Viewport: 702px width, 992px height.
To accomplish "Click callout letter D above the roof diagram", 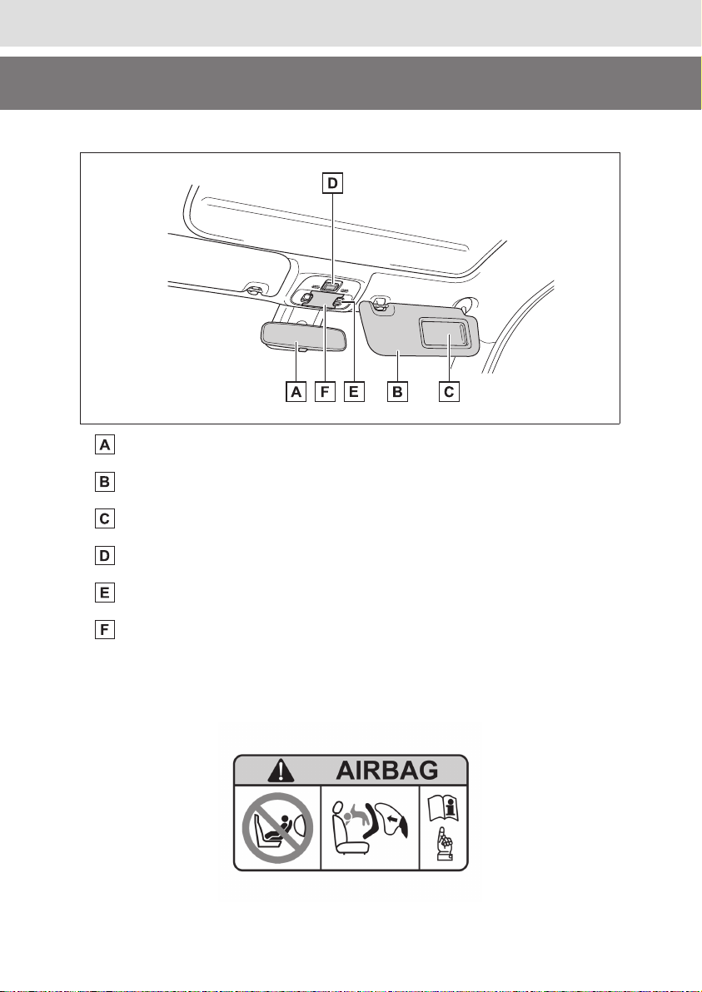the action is coord(331,183).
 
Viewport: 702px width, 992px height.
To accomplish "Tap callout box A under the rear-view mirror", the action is coord(296,392).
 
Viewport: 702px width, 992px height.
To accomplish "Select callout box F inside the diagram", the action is coord(325,392).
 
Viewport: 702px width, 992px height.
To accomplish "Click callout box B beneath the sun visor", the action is coord(397,392).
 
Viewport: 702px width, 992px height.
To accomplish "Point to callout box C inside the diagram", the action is coord(449,392).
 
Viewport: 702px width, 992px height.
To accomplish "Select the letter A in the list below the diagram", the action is coord(105,445).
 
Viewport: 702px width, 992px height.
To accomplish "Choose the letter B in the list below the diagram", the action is coord(105,482).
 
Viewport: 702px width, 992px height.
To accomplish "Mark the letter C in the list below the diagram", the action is coord(105,519).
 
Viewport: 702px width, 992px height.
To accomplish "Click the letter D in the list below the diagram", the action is coord(105,556).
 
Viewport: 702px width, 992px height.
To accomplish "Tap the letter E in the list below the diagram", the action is coord(105,593).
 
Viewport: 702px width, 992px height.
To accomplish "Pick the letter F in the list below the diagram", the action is coord(105,630).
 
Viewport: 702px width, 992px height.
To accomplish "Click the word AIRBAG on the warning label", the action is coord(386,771).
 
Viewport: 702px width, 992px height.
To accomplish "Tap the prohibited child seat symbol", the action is coord(277,827).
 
